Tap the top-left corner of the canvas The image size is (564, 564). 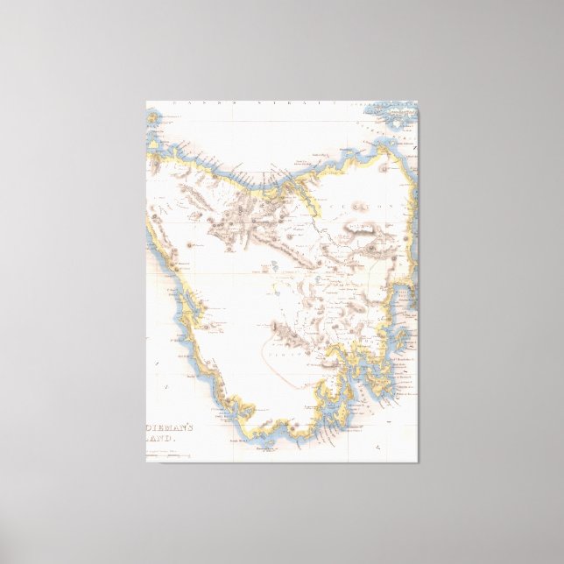tap(146, 101)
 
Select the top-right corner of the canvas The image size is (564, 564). tap(418, 101)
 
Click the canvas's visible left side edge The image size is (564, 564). tap(146, 280)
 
